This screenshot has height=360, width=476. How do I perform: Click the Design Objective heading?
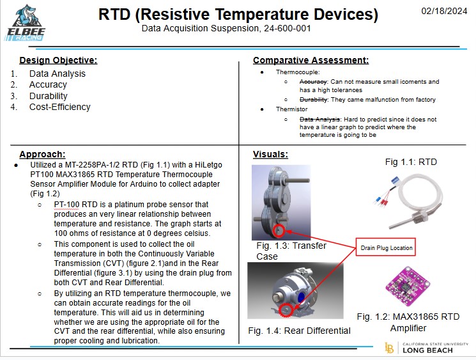tap(58, 61)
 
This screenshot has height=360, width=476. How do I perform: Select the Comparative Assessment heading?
tap(311, 61)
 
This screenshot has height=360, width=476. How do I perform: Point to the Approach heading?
tap(42, 154)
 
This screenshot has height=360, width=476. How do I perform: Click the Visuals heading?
tap(270, 154)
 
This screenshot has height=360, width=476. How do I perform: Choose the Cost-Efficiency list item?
tap(60, 107)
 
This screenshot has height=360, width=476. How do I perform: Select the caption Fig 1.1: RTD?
tap(411, 162)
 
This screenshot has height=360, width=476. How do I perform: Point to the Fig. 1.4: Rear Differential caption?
tap(299, 331)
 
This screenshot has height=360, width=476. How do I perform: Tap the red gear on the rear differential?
tap(286, 311)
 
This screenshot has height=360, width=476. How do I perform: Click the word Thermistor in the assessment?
tap(292, 109)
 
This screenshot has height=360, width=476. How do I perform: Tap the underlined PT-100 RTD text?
tap(76, 204)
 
